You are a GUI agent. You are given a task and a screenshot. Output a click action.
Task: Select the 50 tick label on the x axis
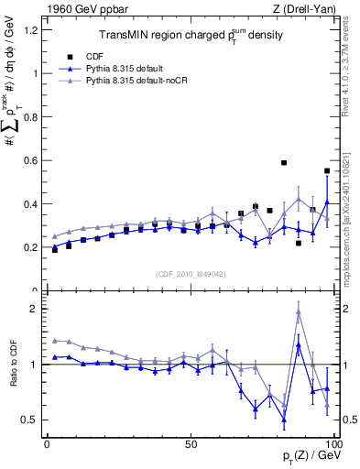[x=191, y=443]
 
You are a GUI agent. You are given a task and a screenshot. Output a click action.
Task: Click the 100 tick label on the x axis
[x=333, y=443]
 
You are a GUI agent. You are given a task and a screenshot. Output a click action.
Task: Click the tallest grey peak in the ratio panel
[x=299, y=312]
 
